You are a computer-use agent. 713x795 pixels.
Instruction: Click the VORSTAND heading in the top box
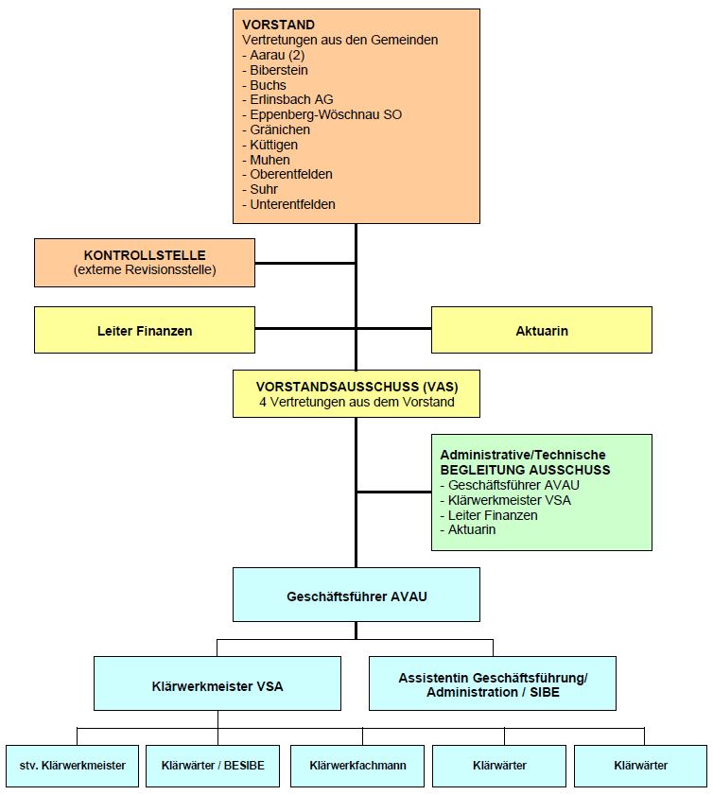coord(279,25)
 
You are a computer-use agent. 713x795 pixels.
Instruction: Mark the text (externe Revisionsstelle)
coord(145,270)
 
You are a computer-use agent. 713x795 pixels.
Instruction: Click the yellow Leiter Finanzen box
coord(145,331)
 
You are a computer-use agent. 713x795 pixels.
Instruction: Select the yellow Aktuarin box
coord(542,331)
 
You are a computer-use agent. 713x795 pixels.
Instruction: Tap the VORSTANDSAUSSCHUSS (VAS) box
coord(356,394)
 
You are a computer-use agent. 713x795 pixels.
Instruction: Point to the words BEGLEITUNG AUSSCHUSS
coord(525,470)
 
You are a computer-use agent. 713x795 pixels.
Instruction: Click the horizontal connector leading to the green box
coord(393,493)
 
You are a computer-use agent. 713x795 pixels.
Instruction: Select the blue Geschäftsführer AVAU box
coord(356,596)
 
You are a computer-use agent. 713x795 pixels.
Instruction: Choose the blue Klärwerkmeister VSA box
coord(217,684)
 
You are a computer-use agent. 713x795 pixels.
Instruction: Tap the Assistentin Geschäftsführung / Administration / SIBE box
coord(493,684)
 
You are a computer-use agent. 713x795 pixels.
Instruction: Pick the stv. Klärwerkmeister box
coord(73,765)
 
